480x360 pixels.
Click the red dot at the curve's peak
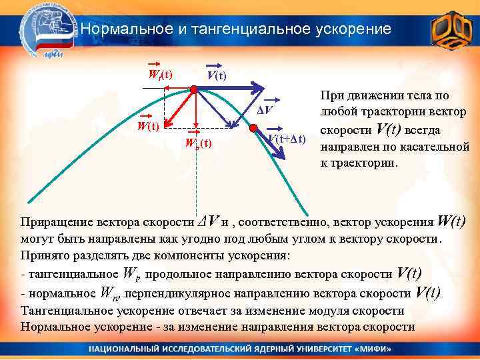coord(193,89)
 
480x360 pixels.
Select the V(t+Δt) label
coord(287,139)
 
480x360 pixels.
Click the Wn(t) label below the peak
coord(198,143)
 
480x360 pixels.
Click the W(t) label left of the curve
coord(147,125)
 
